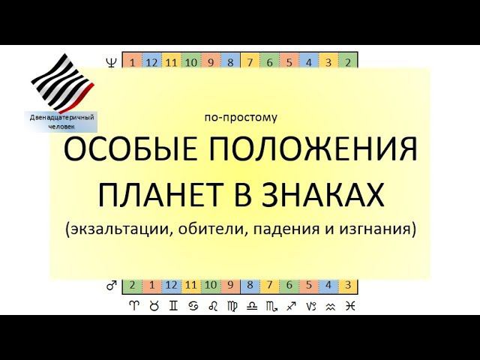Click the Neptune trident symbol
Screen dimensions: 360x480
(112, 61)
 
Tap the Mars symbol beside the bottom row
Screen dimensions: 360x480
(112, 286)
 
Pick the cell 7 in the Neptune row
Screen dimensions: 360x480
(250, 61)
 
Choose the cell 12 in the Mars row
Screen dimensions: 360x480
(171, 286)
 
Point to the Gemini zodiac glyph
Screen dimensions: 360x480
(171, 306)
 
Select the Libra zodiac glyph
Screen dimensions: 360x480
(250, 306)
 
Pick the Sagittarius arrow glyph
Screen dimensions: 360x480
(289, 306)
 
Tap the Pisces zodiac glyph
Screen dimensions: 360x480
(349, 306)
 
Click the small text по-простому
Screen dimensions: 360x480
(240, 118)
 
